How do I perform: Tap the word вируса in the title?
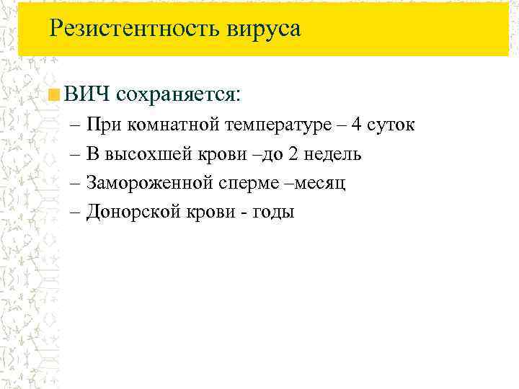264,30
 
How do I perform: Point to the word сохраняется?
178,94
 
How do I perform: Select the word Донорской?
128,213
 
